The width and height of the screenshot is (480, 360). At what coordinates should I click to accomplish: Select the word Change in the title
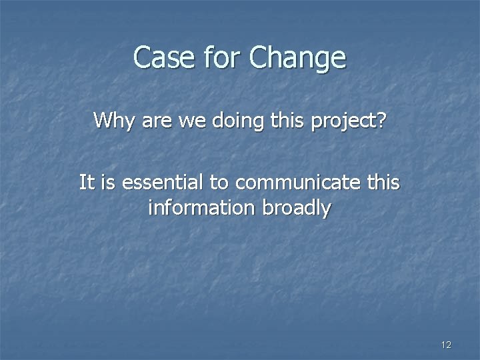tap(297, 59)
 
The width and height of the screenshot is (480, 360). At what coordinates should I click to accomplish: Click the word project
tap(343, 122)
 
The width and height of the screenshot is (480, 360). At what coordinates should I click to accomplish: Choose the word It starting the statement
tap(86, 181)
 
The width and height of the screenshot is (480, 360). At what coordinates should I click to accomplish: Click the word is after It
tap(107, 181)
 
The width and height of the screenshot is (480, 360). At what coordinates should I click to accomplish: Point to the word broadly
tap(298, 209)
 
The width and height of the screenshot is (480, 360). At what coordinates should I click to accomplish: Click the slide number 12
tap(446, 345)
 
